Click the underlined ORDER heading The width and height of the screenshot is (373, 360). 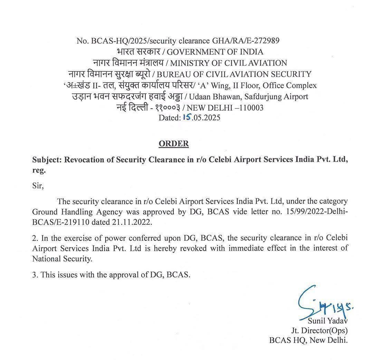174,144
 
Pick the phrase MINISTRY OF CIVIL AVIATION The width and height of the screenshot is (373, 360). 229,63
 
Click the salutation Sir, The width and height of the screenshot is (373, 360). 38,186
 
